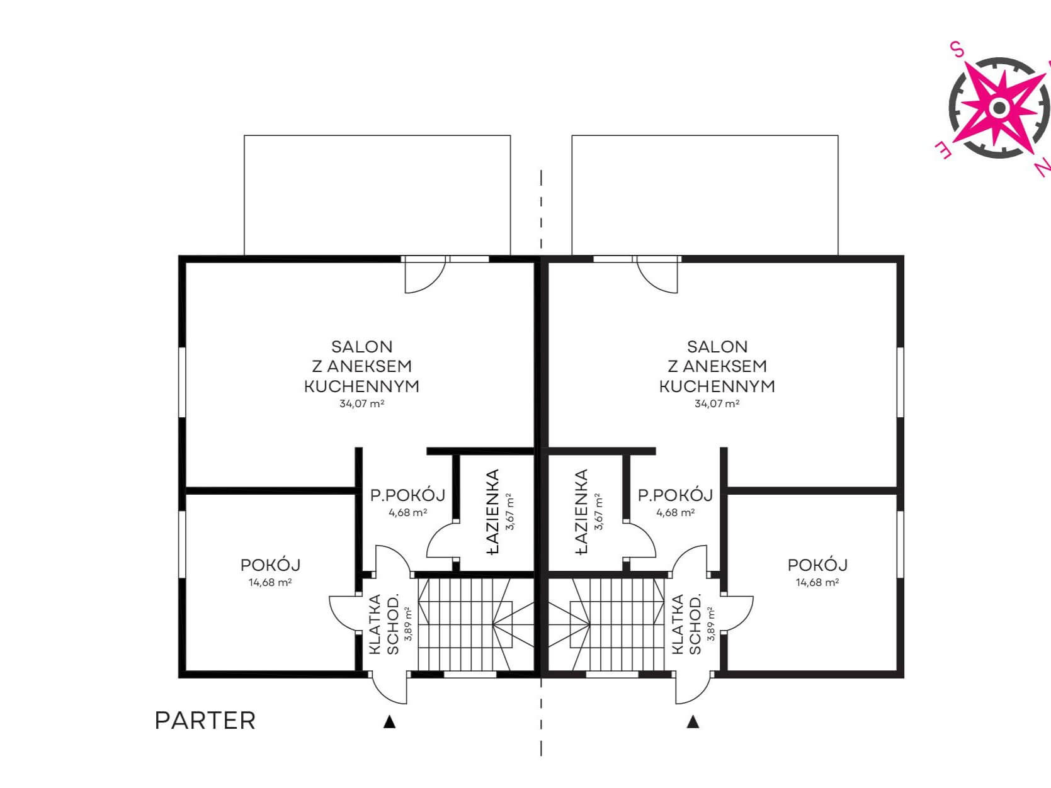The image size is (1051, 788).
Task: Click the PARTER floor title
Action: tap(205, 721)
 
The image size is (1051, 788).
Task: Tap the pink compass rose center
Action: tap(999, 108)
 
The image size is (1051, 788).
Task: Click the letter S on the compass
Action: tap(957, 49)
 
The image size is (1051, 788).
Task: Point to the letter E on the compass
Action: tap(944, 150)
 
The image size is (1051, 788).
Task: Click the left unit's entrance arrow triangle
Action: tap(389, 721)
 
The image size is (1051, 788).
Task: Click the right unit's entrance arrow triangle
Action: tap(693, 721)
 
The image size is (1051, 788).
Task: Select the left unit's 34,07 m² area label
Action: tap(362, 403)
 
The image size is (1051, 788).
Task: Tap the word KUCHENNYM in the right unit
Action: tap(717, 386)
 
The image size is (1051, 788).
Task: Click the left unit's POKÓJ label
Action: tap(270, 565)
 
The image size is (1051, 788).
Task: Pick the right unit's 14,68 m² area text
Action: tap(817, 582)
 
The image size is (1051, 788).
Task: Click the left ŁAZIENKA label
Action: tap(492, 512)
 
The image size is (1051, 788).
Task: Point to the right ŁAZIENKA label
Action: tap(581, 512)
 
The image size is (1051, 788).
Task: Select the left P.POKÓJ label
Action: tap(407, 495)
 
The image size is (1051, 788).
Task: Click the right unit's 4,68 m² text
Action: tap(675, 512)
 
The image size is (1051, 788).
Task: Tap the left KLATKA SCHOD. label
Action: tap(383, 624)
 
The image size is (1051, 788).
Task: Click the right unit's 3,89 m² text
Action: tap(711, 624)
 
